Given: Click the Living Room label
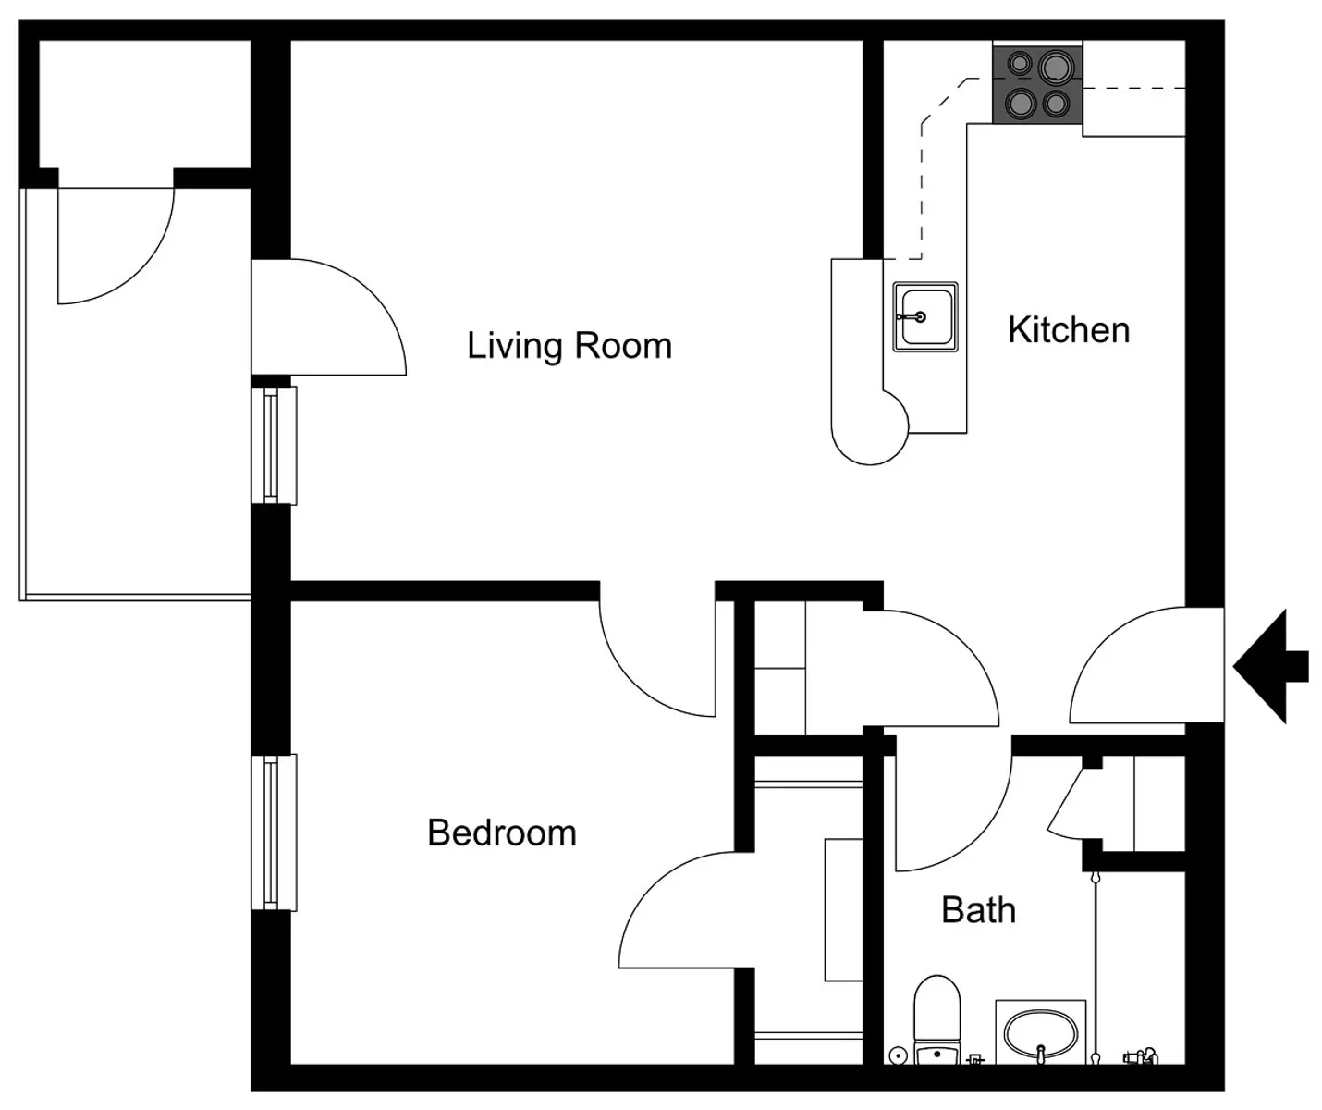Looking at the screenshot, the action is point(569,347).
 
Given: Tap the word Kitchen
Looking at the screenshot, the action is point(1069,330).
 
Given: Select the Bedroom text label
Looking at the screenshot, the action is point(502,832).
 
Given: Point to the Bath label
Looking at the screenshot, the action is point(978,910).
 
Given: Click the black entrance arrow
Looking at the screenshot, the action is point(1269,666).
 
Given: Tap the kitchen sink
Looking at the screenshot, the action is point(925,316).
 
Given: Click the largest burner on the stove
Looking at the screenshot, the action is point(1056,67).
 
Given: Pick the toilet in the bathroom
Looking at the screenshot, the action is point(937,1020).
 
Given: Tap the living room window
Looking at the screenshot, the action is point(274,446).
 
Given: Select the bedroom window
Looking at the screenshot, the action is point(274,832).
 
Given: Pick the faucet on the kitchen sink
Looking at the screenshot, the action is point(912,316).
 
